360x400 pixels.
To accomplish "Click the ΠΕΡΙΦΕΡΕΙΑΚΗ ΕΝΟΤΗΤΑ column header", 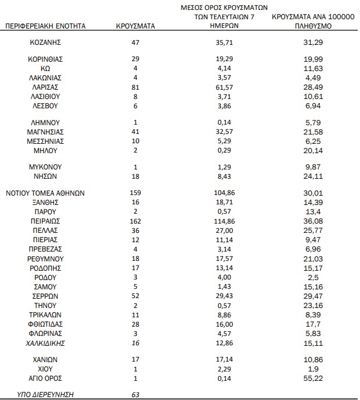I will point(45,27).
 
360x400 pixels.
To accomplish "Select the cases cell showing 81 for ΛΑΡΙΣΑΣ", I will point(136,87).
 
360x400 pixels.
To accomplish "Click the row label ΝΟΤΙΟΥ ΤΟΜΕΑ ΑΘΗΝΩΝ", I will point(45,193).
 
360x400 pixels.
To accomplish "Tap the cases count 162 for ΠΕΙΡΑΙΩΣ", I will point(136,221).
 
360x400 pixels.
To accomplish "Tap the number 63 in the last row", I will point(136,395).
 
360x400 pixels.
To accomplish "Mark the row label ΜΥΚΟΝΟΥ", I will point(45,167).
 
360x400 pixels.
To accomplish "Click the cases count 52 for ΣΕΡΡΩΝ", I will point(136,296).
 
